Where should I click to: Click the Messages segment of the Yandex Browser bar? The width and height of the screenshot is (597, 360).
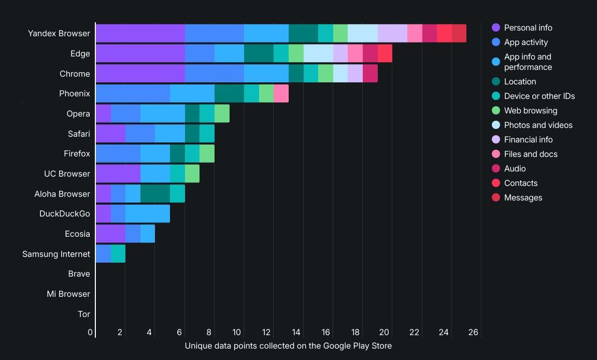coord(459,33)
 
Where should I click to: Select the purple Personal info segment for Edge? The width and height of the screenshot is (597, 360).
coord(140,53)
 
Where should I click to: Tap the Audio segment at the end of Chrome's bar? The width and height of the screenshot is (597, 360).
coord(370,74)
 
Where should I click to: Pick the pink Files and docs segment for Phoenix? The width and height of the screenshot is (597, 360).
coord(281,94)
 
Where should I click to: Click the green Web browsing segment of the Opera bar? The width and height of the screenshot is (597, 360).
coord(222,113)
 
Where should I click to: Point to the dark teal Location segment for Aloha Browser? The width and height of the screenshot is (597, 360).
coord(155,194)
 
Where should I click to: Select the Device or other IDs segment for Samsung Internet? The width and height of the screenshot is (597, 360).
coord(118,254)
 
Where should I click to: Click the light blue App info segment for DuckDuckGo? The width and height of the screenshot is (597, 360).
coord(148,213)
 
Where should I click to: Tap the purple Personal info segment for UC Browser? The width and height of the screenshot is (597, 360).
coord(118,174)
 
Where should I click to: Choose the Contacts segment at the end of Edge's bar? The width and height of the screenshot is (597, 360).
coord(385,53)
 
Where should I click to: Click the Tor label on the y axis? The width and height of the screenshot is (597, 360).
coord(84,314)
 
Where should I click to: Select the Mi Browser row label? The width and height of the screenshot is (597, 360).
coord(68,294)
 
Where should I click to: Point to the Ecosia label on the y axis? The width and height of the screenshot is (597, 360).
coord(78,234)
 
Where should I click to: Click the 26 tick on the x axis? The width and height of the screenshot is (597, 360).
coord(473,332)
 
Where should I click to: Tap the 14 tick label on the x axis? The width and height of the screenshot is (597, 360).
coord(295,332)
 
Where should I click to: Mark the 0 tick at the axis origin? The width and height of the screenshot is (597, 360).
coord(90,332)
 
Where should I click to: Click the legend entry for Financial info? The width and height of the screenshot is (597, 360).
coord(528,139)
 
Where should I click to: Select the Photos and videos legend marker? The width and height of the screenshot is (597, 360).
coord(496,125)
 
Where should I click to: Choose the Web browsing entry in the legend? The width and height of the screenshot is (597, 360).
coord(530,110)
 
